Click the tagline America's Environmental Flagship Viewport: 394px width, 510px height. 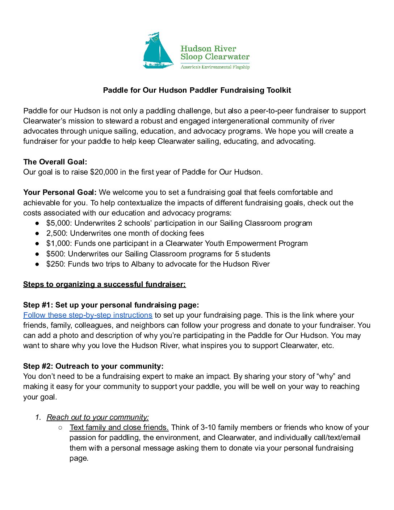[215, 67]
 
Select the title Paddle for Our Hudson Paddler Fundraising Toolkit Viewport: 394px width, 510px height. [197, 90]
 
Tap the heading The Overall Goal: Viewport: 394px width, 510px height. [55, 162]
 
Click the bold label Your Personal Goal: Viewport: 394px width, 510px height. [60, 192]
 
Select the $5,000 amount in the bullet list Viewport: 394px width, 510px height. [58, 223]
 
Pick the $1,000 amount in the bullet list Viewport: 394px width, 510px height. [58, 243]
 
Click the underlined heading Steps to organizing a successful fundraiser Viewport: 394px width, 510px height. [104, 284]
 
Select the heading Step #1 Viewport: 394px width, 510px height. [111, 305]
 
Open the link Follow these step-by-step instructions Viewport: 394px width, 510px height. [88, 315]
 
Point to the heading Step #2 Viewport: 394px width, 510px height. [93, 366]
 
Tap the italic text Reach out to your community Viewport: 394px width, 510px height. [98, 417]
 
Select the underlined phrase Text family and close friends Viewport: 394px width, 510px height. [119, 427]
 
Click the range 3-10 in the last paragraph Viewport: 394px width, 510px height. [208, 427]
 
